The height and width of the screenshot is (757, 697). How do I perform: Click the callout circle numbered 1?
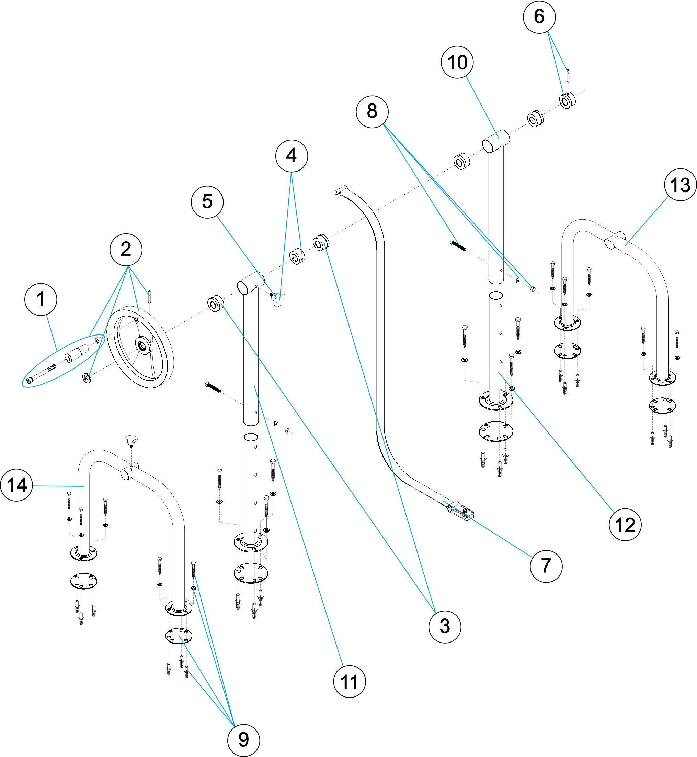[41, 299]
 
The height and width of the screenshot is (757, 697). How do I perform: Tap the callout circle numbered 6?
[539, 17]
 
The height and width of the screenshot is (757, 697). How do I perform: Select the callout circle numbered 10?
[457, 62]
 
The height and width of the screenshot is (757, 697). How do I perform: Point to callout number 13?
[681, 185]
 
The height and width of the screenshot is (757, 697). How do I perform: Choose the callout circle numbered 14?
[16, 485]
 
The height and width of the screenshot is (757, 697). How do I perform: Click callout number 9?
[244, 740]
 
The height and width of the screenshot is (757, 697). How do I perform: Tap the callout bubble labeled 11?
[349, 681]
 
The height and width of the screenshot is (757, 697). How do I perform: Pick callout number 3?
[445, 626]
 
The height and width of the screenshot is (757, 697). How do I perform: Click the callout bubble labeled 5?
[207, 201]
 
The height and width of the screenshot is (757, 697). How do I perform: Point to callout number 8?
[372, 112]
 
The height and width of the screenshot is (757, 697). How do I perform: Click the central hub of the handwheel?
[142, 345]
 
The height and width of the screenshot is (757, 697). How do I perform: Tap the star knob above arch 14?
[131, 440]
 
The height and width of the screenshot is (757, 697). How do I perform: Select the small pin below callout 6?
[568, 75]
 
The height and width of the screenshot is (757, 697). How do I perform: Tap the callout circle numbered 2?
[126, 250]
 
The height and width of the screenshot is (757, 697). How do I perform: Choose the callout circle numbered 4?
[292, 156]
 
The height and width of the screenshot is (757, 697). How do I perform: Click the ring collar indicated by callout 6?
[567, 100]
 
